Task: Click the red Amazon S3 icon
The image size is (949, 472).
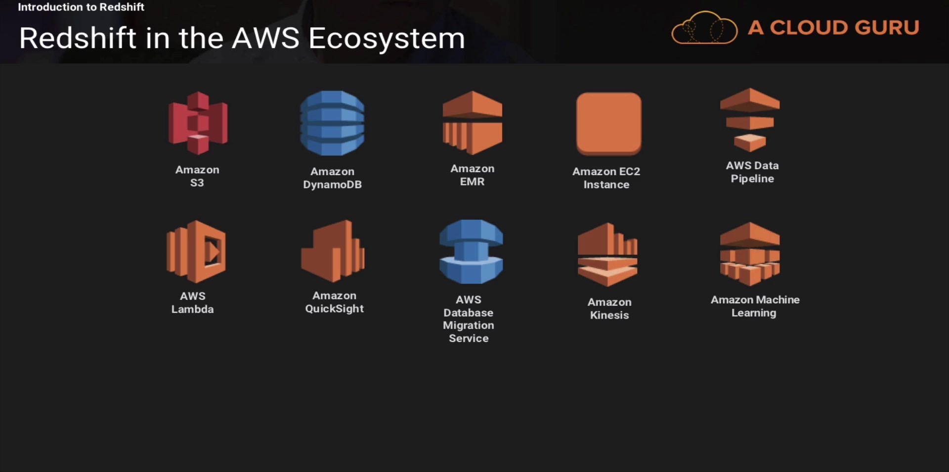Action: pyautogui.click(x=198, y=123)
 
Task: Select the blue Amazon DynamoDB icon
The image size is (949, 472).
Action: pyautogui.click(x=332, y=123)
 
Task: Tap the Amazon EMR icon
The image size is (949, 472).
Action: pyautogui.click(x=473, y=122)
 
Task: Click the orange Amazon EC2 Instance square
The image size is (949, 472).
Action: pyautogui.click(x=608, y=123)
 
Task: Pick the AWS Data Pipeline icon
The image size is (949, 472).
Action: pyautogui.click(x=750, y=120)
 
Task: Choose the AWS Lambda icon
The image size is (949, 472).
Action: pyautogui.click(x=196, y=252)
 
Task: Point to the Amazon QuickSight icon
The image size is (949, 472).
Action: pyautogui.click(x=333, y=251)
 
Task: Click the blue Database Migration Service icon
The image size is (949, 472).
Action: pyautogui.click(x=471, y=252)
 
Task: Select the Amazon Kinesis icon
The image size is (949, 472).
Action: pyautogui.click(x=607, y=254)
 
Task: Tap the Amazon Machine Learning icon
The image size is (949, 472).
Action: pyautogui.click(x=750, y=254)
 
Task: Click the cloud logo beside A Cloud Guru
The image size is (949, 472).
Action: pyautogui.click(x=704, y=29)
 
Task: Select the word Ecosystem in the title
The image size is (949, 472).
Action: pyautogui.click(x=387, y=38)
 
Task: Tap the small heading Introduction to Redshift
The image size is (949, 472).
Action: pyautogui.click(x=81, y=7)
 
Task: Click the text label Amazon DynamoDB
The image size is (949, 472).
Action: pyautogui.click(x=332, y=178)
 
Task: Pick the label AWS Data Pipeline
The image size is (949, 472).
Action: pyautogui.click(x=752, y=172)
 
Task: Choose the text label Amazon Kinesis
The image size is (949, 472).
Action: pyautogui.click(x=609, y=308)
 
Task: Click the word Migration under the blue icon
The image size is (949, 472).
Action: pyautogui.click(x=469, y=326)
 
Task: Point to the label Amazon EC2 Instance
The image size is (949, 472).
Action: pyautogui.click(x=606, y=178)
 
